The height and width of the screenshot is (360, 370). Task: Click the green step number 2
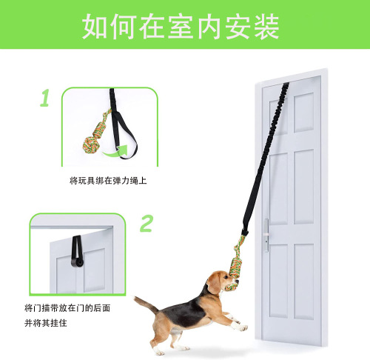pyautogui.click(x=147, y=223)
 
